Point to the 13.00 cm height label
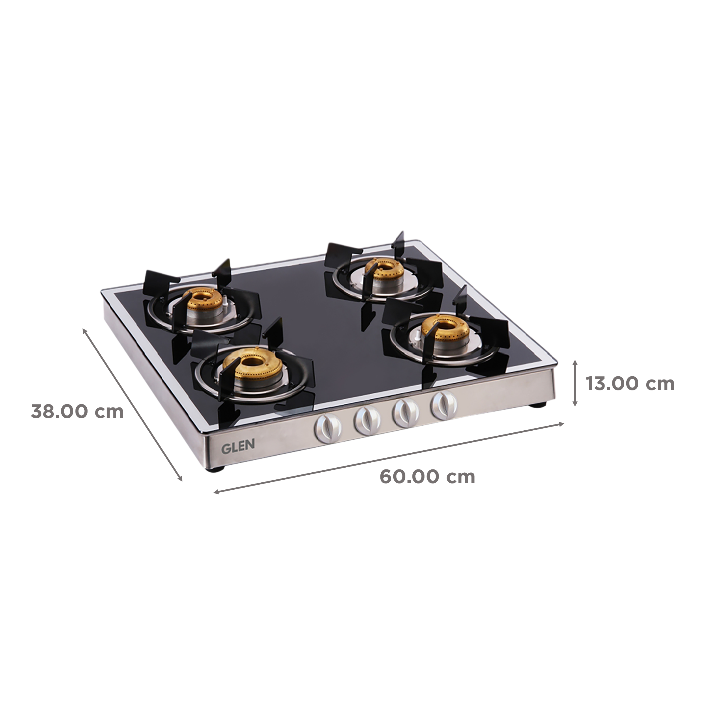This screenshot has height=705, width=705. (x=630, y=384)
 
